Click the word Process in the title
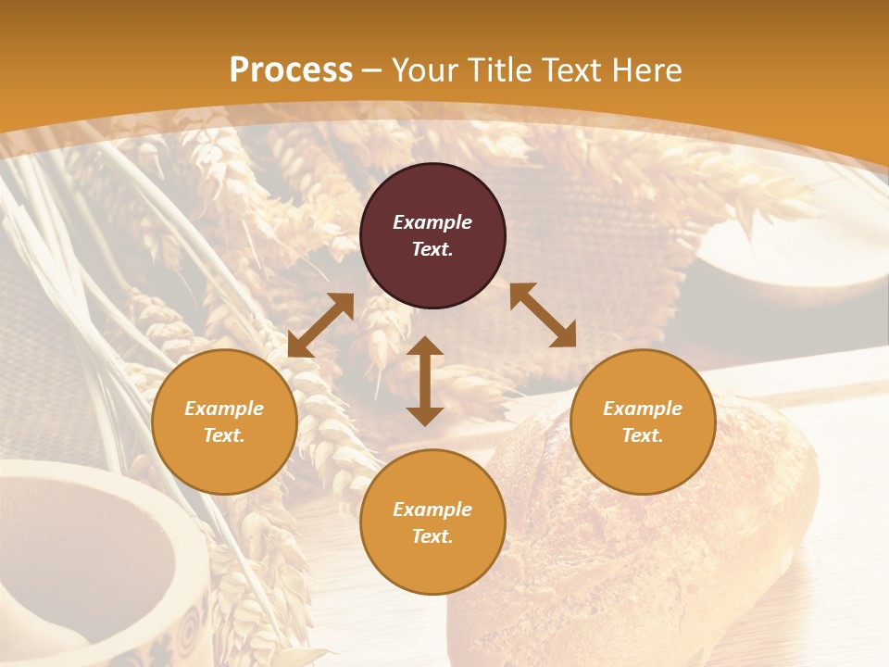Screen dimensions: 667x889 click(x=291, y=70)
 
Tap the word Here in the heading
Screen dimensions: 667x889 click(x=648, y=70)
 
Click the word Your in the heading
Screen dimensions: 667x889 click(x=426, y=70)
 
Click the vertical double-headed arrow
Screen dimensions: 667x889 click(x=425, y=381)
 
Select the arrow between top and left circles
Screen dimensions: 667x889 click(x=320, y=325)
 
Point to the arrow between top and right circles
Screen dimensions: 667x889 click(x=543, y=315)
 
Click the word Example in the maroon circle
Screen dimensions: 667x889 click(x=432, y=222)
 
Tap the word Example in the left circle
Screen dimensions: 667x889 click(x=224, y=409)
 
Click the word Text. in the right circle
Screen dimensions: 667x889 click(x=643, y=435)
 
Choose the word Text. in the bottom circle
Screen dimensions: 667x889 click(x=432, y=536)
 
